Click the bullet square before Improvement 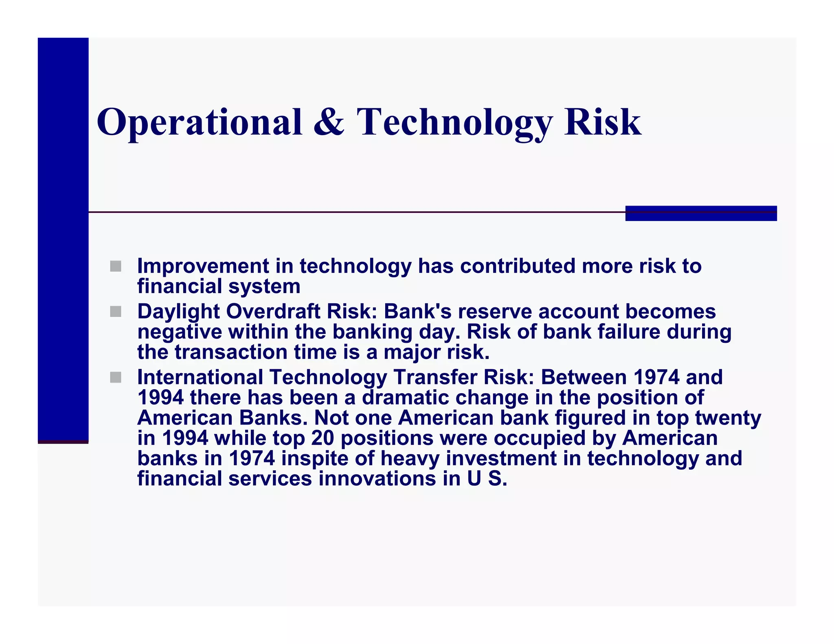116,266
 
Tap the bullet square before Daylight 116,312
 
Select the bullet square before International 116,377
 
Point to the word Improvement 203,266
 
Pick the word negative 180,332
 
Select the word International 200,377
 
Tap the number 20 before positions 323,438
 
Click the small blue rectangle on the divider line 700,213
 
